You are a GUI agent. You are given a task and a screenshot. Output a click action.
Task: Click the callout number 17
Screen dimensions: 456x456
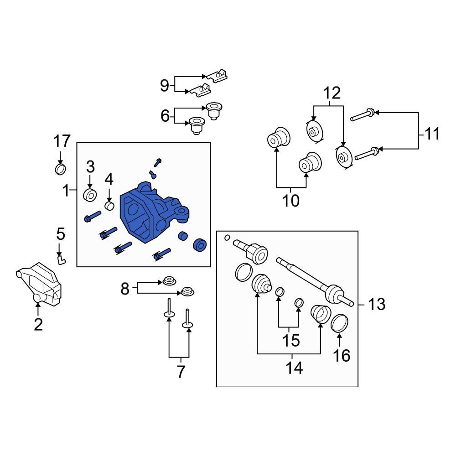coord(62,141)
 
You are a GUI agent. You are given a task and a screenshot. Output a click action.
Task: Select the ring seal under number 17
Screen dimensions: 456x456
coord(60,170)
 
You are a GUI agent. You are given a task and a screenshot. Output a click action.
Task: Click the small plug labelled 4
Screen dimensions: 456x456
coord(109,206)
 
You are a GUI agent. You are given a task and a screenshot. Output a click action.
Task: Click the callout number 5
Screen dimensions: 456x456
coord(61,234)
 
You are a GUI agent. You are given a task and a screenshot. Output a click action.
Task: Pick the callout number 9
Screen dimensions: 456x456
coord(165,85)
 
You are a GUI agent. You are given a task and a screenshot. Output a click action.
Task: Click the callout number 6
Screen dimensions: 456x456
coord(165,116)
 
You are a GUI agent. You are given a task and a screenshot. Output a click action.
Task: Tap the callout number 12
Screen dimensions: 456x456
coord(332,93)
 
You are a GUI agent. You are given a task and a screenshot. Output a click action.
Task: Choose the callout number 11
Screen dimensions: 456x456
coord(430,134)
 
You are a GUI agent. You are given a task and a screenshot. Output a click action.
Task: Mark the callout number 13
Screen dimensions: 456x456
coord(377,304)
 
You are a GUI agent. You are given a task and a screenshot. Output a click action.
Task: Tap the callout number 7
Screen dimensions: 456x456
coord(181,372)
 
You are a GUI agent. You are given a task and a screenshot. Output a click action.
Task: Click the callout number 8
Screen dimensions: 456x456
coord(125,288)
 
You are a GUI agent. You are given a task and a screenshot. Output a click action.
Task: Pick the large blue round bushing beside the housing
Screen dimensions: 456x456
coord(200,245)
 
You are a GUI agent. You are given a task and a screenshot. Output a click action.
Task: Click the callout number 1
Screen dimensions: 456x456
coord(66,190)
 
